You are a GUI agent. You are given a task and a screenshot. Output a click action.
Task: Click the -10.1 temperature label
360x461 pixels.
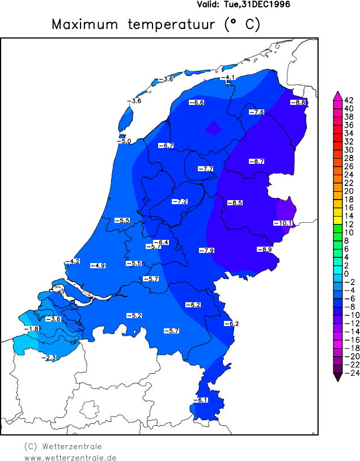[282, 223]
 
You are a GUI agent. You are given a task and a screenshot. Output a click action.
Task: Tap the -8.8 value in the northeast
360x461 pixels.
[298, 103]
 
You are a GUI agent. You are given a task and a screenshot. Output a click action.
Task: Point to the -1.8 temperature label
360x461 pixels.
[31, 329]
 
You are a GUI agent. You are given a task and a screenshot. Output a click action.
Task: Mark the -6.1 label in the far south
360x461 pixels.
[201, 400]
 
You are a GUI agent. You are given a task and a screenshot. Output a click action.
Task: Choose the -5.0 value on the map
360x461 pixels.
[124, 141]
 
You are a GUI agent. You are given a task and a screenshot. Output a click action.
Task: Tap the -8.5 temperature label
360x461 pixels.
[235, 203]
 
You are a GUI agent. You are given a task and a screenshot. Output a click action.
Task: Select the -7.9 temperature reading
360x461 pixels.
[206, 251]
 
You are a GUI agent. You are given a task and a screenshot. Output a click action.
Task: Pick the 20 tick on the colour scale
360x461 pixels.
[349, 191]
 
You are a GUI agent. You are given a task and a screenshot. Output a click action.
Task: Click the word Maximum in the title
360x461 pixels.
[85, 24]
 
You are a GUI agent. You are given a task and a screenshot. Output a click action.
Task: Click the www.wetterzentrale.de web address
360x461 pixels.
[70, 457]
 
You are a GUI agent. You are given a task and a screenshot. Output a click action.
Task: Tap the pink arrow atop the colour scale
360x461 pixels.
[337, 95]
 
